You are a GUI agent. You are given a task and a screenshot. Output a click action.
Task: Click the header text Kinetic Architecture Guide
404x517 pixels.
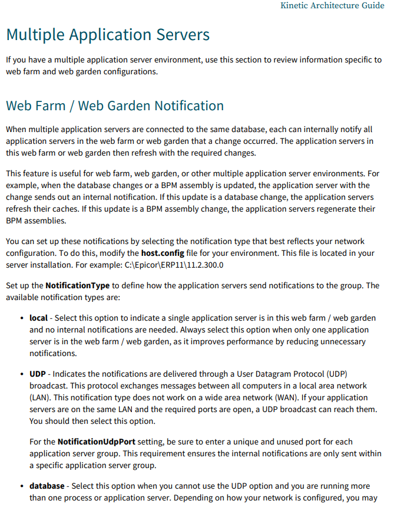(x=332, y=6)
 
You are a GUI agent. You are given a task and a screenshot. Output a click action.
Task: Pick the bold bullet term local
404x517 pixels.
(x=38, y=318)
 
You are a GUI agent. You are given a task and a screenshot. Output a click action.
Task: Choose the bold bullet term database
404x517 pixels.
(x=47, y=486)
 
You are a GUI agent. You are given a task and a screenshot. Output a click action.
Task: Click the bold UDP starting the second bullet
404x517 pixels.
(x=38, y=374)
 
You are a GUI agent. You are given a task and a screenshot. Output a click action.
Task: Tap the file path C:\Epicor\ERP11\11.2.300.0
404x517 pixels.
(x=174, y=265)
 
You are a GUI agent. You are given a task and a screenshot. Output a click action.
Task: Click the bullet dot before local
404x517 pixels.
(x=22, y=318)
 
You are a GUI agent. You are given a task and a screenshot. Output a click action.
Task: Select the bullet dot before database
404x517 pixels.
(x=22, y=486)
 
